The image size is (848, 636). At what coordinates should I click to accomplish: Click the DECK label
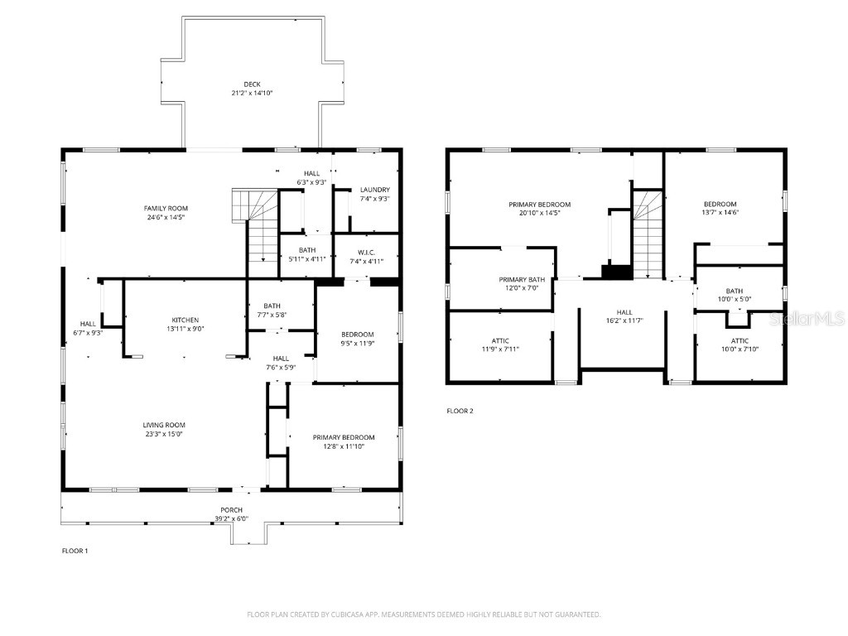252,84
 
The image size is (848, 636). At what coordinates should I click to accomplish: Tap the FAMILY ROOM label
166,208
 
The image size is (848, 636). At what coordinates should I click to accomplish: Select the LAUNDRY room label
374,190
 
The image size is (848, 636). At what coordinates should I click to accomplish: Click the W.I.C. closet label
367,253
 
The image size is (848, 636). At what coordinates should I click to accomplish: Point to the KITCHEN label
185,320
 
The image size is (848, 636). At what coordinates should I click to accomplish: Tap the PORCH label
231,509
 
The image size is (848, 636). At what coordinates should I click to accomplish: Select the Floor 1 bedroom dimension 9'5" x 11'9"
357,343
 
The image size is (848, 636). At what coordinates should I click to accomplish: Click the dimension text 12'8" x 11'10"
343,446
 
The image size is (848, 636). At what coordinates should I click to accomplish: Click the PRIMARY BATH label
522,279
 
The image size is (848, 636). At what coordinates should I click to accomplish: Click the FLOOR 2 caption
460,411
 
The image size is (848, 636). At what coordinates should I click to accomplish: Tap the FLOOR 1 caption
75,551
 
